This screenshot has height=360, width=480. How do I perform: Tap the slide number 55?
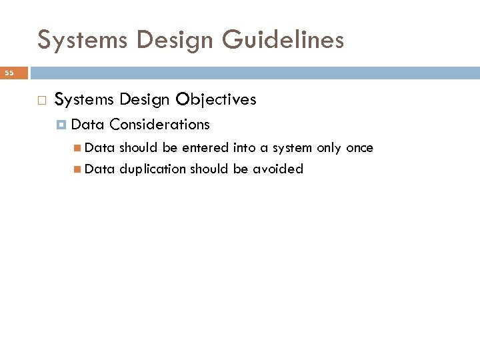coord(10,72)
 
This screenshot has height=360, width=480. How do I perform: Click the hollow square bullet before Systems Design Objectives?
coord(41,100)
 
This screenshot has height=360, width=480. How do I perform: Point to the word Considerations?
coord(159,124)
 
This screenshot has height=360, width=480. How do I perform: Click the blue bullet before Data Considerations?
coord(62,125)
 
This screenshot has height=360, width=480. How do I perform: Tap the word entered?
coord(205,147)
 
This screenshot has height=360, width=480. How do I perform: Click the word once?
coord(359,147)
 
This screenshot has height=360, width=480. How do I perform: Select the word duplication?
coord(153,169)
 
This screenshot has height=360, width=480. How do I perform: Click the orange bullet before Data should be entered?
coord(78,148)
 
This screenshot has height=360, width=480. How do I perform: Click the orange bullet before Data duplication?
coord(78,169)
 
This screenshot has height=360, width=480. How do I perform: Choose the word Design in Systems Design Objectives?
coord(145,99)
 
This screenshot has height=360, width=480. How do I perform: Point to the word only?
coord(329,147)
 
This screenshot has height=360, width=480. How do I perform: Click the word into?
coord(243,147)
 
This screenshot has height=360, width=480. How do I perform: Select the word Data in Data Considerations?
coord(87,124)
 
